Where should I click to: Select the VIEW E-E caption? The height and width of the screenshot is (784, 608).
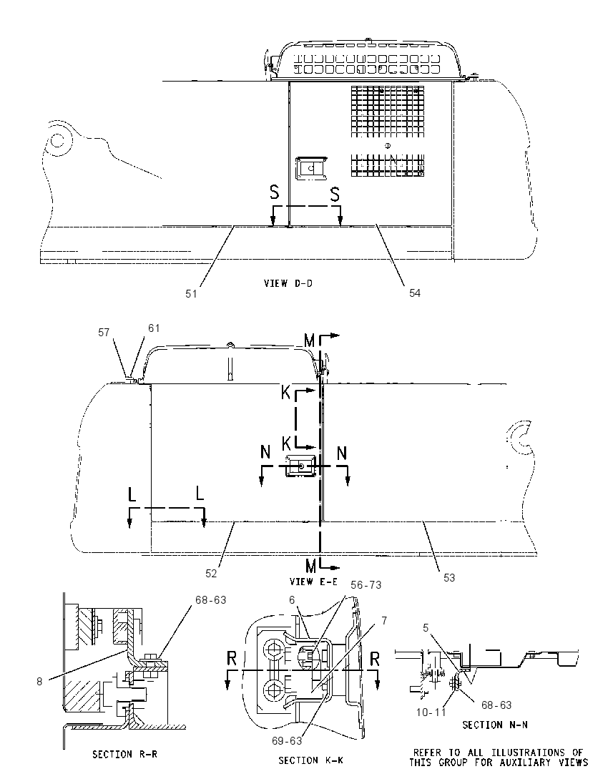313,582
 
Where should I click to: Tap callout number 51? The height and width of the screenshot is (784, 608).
191,294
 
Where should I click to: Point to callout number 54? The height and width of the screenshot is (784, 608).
415,293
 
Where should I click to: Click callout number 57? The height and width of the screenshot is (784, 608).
104,333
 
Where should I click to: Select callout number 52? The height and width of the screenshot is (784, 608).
211,574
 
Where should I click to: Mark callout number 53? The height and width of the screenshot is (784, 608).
449,577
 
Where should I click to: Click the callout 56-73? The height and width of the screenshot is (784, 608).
366,585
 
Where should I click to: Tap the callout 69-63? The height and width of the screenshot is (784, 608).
287,740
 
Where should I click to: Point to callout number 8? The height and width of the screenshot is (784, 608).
39,681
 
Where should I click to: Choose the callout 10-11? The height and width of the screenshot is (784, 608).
431,712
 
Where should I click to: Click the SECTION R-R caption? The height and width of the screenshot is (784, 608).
124,754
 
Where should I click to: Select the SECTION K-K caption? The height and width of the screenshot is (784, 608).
310,760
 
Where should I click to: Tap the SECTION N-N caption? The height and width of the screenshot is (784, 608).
495,725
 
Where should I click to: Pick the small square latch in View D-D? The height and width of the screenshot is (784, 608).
311,168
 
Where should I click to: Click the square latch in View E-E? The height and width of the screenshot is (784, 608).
299,466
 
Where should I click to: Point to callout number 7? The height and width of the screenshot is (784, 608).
384,621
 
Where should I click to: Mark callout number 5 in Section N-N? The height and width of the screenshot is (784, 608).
426,628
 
